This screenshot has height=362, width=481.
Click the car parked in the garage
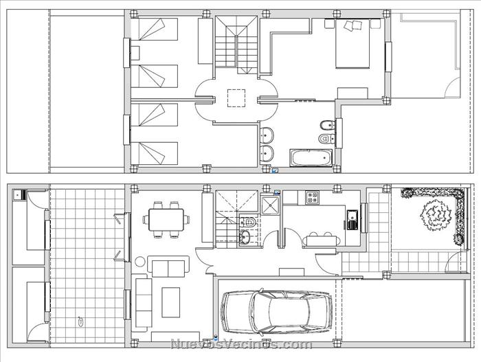click(276, 311)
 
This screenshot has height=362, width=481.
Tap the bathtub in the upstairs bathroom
click(311, 158)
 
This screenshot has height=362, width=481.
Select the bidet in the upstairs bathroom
click(327, 125)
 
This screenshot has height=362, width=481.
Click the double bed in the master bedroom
click(353, 43)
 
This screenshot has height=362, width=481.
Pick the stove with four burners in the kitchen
click(312, 197)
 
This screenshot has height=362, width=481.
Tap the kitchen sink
click(352, 220)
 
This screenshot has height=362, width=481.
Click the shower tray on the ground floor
click(270, 205)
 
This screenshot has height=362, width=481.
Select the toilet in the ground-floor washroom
click(249, 222)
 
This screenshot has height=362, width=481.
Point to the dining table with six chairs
click(166, 219)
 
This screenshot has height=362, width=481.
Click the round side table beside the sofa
click(140, 262)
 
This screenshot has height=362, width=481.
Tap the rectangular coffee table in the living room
click(171, 302)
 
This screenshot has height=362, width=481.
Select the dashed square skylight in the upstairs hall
click(236, 98)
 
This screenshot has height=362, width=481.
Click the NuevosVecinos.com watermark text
click(241, 344)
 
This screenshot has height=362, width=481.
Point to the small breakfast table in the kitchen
click(322, 240)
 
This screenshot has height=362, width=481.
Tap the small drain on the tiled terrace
click(80, 321)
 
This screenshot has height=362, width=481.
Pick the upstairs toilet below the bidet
click(327, 139)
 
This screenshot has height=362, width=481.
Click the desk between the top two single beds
click(135, 52)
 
